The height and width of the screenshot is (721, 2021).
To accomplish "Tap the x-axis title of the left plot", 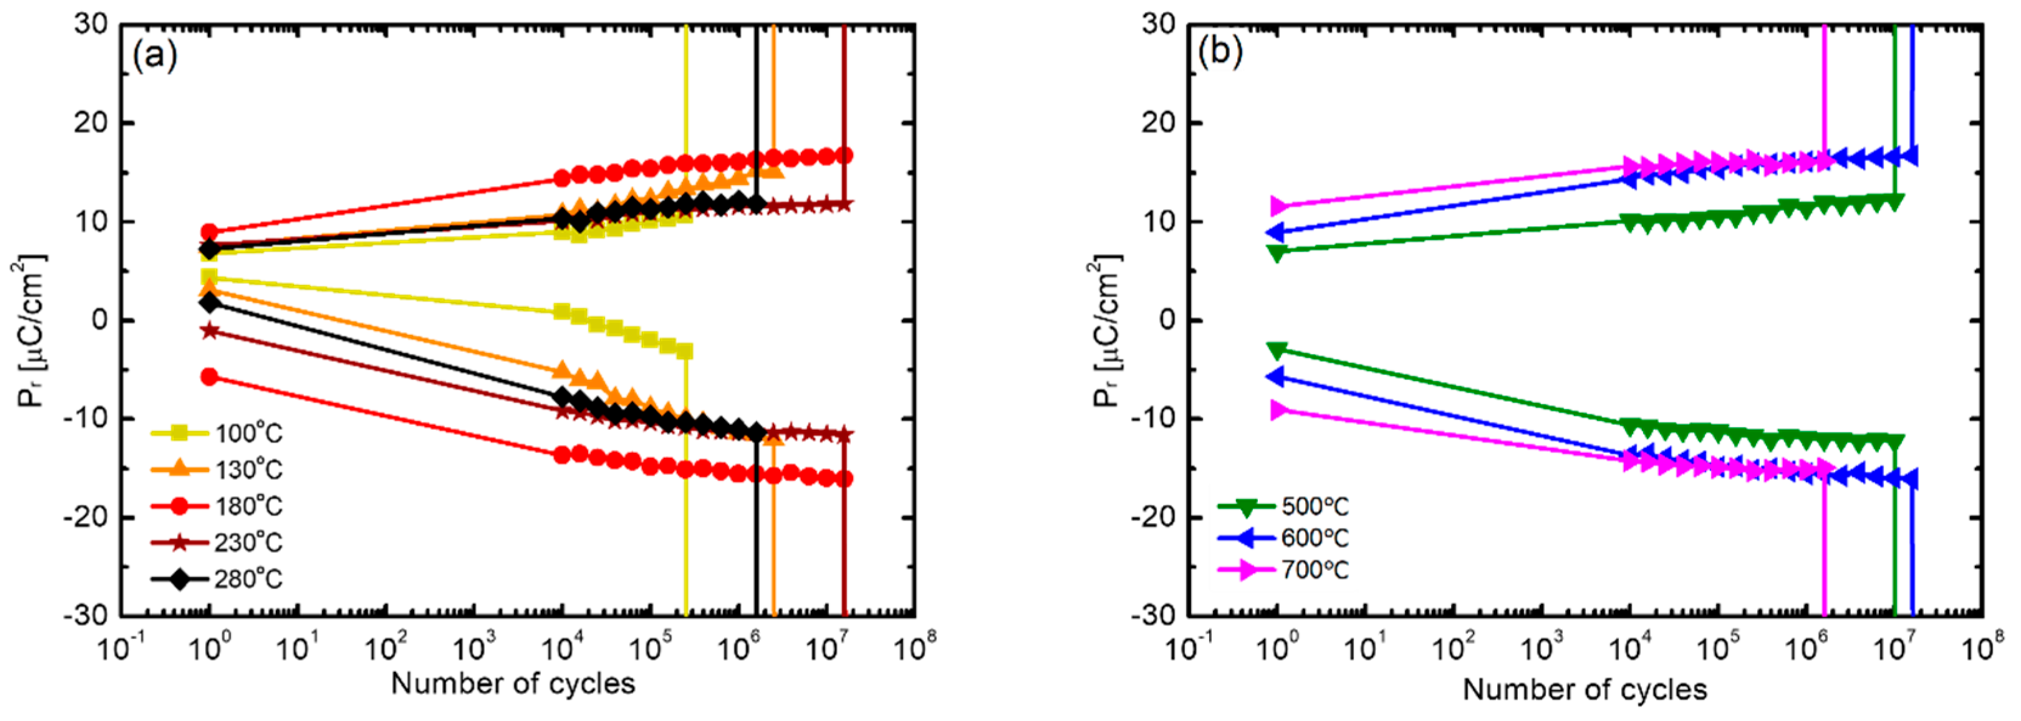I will click(x=513, y=683).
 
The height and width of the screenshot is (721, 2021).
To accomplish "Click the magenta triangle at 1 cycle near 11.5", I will click(x=1279, y=206).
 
